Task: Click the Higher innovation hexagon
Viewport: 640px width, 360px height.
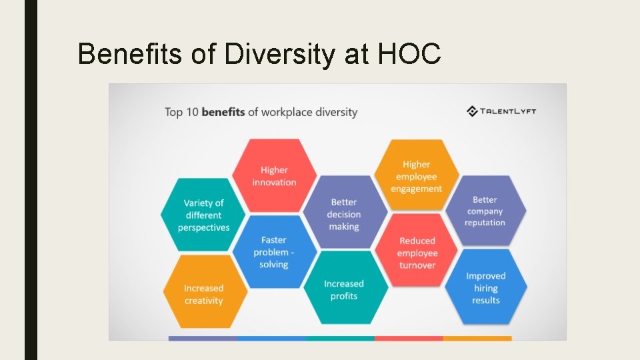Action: (274, 176)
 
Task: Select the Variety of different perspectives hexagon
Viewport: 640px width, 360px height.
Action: (203, 215)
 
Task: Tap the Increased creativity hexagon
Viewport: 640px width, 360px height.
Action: (203, 294)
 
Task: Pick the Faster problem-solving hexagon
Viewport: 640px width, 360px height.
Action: (274, 252)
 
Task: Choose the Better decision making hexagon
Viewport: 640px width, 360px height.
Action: (344, 214)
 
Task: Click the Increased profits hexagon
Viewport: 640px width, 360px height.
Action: (344, 289)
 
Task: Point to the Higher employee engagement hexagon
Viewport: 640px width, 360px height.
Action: (416, 176)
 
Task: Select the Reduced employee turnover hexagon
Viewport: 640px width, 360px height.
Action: (417, 252)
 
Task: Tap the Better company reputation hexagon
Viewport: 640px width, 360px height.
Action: (485, 211)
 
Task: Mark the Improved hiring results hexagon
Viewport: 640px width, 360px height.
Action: (485, 287)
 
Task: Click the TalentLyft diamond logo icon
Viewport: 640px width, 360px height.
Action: (472, 111)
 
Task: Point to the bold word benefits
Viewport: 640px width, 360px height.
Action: (223, 112)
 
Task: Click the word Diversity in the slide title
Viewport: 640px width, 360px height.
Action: (280, 54)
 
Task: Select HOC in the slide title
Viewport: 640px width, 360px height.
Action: (409, 54)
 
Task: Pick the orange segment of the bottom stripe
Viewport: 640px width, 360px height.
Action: (477, 338)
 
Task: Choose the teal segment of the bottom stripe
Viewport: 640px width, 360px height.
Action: (340, 338)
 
